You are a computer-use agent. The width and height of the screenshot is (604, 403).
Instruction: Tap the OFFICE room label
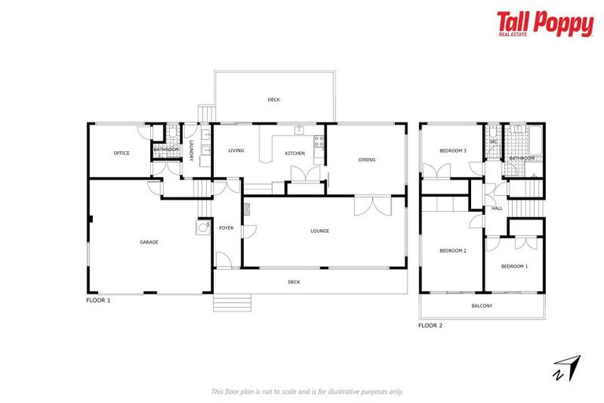click(121, 153)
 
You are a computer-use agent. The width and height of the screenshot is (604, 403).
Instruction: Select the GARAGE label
click(149, 242)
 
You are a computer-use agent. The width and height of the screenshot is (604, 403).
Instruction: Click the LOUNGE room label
click(319, 231)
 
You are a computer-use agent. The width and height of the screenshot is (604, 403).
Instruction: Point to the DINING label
click(366, 160)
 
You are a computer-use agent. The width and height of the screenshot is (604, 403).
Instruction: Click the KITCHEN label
click(294, 153)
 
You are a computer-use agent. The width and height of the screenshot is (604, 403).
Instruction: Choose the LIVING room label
click(236, 150)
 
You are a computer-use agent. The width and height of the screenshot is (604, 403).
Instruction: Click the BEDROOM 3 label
click(453, 150)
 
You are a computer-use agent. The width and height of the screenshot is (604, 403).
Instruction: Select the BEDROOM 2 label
click(453, 250)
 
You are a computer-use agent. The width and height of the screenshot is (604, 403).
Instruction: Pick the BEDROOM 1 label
click(514, 266)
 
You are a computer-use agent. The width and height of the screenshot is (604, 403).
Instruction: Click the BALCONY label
click(481, 305)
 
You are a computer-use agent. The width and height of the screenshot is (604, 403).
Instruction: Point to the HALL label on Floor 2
click(497, 209)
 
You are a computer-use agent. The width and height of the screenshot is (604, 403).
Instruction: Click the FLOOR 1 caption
click(98, 301)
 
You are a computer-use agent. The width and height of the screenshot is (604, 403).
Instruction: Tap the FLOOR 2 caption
click(430, 324)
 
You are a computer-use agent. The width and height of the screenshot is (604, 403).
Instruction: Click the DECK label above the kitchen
click(274, 99)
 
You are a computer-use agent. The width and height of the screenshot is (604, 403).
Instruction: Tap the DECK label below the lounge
click(294, 281)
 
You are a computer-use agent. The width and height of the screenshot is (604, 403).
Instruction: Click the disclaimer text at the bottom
click(308, 391)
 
